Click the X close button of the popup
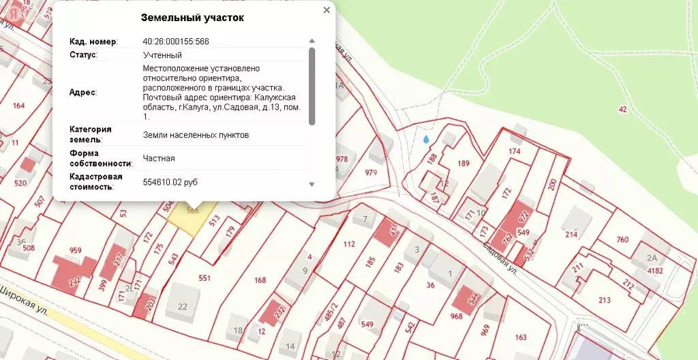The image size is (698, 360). coord(327,10)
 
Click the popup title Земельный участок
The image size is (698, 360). coord(192,18)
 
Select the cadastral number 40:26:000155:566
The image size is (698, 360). coord(176,42)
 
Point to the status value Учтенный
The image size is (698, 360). coord(162,55)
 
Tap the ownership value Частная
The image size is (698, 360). coord(159,158)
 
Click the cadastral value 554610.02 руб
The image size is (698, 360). coord(179,183)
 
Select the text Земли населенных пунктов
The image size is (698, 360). coord(196,135)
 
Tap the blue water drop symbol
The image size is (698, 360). coord(426,140)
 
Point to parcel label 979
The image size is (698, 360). coord(371,172)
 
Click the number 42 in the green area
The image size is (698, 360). coord(622,109)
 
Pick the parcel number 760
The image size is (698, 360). coord(622,239)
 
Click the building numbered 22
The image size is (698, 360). coord(182,306)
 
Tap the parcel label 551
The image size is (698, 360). coord(204,278)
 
